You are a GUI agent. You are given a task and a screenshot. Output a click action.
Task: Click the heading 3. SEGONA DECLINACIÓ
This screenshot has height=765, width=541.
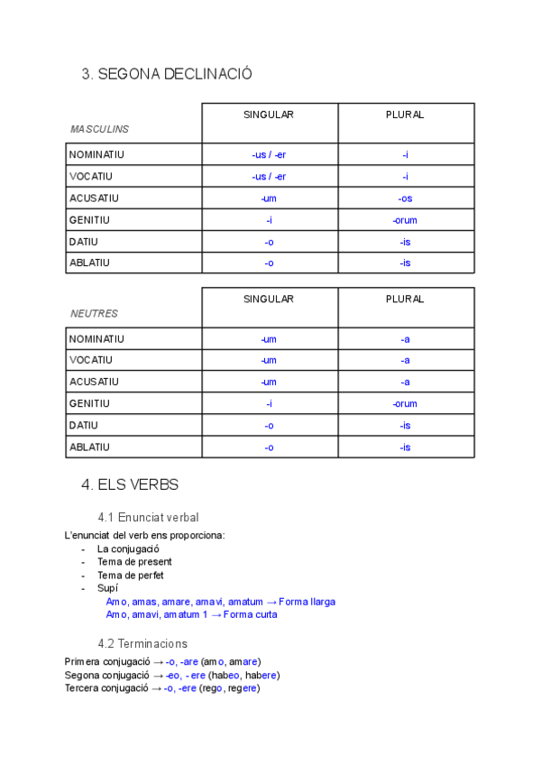click(167, 75)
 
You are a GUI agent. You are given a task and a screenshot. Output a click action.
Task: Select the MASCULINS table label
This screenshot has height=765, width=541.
click(99, 129)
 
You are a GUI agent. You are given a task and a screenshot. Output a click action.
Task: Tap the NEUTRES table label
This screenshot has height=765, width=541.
click(94, 313)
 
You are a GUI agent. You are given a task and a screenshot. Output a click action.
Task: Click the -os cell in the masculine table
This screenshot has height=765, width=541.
click(406, 198)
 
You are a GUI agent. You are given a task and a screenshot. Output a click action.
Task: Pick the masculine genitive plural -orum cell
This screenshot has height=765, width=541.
click(405, 220)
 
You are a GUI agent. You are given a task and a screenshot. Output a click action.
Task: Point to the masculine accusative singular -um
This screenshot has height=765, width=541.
click(269, 198)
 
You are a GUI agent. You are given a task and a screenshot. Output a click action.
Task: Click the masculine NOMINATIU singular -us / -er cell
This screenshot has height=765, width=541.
click(269, 154)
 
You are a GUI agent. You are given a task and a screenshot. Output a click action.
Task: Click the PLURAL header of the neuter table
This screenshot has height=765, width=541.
click(405, 299)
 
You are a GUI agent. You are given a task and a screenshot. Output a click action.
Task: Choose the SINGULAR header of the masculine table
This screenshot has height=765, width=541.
click(269, 115)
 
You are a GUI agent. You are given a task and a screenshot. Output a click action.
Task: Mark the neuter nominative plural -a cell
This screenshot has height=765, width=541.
click(406, 338)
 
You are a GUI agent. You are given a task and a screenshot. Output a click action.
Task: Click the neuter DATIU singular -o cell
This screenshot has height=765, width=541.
click(269, 425)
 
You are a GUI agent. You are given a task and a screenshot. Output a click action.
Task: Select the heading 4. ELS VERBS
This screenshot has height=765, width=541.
click(130, 484)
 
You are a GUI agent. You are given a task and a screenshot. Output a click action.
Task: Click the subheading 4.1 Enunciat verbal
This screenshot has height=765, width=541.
click(148, 517)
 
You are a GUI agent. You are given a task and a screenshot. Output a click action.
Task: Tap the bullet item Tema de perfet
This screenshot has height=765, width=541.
click(131, 575)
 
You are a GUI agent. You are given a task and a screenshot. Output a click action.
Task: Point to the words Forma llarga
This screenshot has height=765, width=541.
click(307, 602)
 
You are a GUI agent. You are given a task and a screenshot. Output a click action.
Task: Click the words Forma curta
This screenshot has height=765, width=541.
click(251, 614)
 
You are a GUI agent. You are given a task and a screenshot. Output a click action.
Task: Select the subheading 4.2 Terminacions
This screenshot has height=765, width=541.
click(142, 643)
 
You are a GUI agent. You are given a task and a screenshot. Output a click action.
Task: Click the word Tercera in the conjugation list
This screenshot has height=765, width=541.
click(83, 688)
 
